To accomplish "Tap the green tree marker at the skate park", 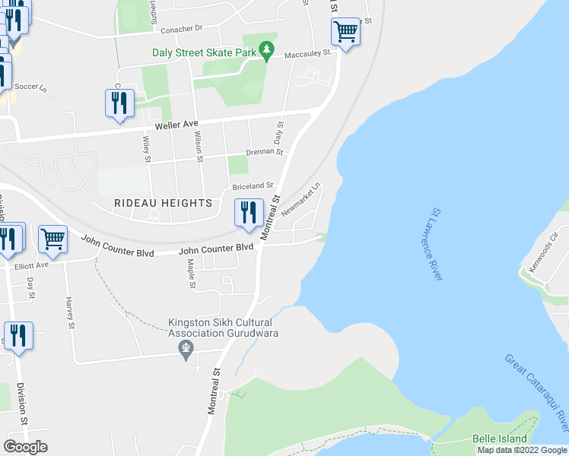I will (x=265, y=51).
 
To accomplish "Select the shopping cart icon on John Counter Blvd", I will (x=52, y=239).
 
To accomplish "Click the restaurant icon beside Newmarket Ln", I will (x=248, y=214).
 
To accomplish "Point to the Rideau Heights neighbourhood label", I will (x=162, y=203).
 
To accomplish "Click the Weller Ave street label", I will (x=176, y=124).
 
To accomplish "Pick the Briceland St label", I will (x=253, y=186).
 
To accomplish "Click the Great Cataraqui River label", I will (x=537, y=389).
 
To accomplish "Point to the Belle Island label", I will (x=500, y=439).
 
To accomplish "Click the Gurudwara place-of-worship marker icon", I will (x=186, y=350).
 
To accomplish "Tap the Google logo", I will (x=26, y=447).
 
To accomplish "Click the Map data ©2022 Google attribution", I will (x=522, y=450).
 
